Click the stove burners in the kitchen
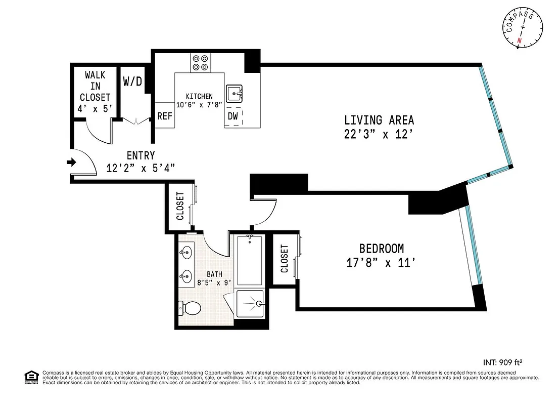[200, 62]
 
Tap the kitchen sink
[234, 94]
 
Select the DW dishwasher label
[232, 116]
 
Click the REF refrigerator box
[165, 115]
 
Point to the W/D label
[132, 81]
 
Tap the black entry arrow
[71, 163]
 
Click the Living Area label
[379, 120]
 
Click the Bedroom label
[381, 249]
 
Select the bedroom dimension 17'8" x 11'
[381, 263]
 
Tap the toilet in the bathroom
[191, 307]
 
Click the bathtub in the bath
[250, 260]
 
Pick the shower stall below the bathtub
[251, 304]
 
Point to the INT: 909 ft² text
[502, 362]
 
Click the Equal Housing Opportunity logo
[31, 377]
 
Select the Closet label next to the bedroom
[284, 259]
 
